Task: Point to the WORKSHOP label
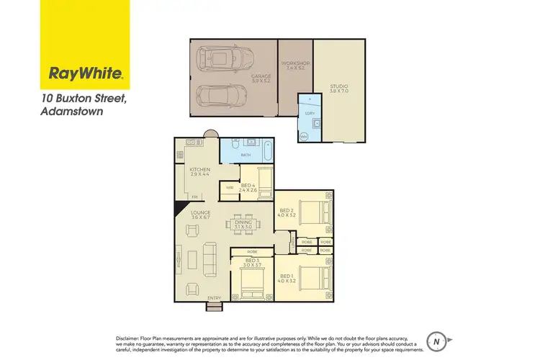(x=295, y=64)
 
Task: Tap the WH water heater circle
(x=304, y=136)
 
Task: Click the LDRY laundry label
(x=310, y=113)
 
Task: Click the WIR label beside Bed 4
(x=230, y=189)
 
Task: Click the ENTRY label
(x=213, y=299)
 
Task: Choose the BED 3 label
(x=252, y=261)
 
